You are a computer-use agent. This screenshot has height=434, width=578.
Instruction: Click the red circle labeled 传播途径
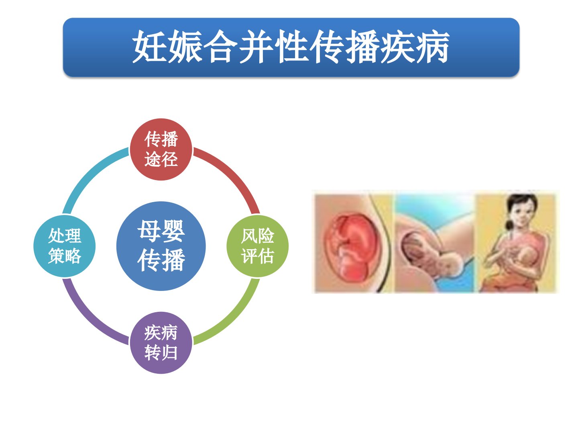[x=161, y=149]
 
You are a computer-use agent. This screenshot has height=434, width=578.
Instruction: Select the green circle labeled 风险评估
[x=258, y=246]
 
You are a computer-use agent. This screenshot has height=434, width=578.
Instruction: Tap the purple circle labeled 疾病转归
[x=161, y=342]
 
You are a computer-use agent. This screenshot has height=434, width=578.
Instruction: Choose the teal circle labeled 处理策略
[x=65, y=246]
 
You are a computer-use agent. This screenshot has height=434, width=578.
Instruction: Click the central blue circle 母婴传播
[x=161, y=246]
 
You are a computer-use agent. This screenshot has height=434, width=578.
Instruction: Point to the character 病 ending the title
[x=432, y=47]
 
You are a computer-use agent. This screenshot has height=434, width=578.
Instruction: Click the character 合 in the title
[x=220, y=47]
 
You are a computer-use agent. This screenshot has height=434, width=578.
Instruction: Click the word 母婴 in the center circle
[x=161, y=231]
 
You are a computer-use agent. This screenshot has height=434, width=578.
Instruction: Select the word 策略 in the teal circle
[x=65, y=256]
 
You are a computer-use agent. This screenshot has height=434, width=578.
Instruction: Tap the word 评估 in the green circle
[x=258, y=256]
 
